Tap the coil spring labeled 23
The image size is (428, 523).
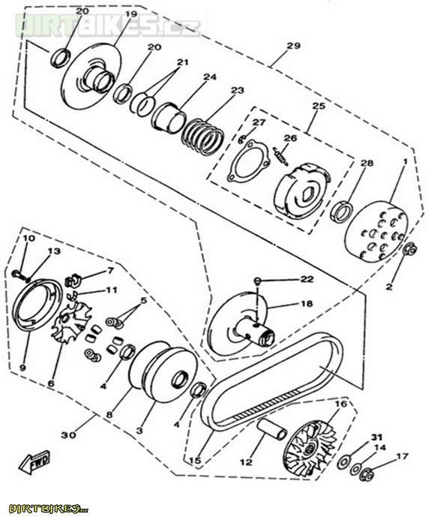tap(202, 134)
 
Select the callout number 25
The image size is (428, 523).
tap(319, 107)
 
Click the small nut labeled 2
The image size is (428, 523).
tap(410, 250)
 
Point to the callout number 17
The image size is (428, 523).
tap(402, 456)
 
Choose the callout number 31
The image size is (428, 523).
tap(376, 437)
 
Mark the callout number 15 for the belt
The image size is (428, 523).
tap(195, 460)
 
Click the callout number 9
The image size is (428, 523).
tap(22, 367)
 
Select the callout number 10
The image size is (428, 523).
tap(28, 238)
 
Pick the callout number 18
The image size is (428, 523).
tap(306, 304)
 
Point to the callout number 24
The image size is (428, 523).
tap(210, 77)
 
